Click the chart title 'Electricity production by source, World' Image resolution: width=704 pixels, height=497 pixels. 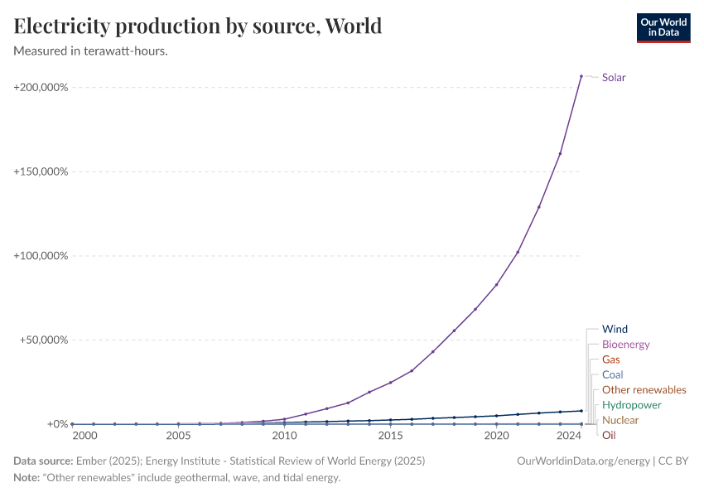click(x=198, y=27)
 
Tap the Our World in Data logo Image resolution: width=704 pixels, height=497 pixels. click(x=663, y=27)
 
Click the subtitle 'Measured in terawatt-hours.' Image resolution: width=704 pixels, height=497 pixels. click(x=91, y=51)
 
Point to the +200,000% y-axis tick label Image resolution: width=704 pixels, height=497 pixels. click(x=41, y=88)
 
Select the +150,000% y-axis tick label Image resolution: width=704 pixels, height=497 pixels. click(x=41, y=171)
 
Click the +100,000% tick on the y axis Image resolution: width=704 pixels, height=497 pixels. click(x=41, y=256)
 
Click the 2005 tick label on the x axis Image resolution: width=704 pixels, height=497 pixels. click(x=178, y=436)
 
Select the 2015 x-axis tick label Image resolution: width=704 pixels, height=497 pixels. click(x=390, y=436)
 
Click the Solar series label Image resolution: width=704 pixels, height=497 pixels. click(x=614, y=78)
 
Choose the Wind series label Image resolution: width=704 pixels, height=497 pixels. click(x=615, y=329)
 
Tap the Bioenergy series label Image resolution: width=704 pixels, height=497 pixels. click(x=625, y=345)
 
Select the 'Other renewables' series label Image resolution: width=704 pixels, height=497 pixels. click(x=644, y=390)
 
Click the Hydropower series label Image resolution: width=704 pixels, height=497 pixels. click(x=631, y=405)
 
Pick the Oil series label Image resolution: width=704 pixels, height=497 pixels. click(x=609, y=435)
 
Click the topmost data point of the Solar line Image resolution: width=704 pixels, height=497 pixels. click(x=581, y=76)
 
